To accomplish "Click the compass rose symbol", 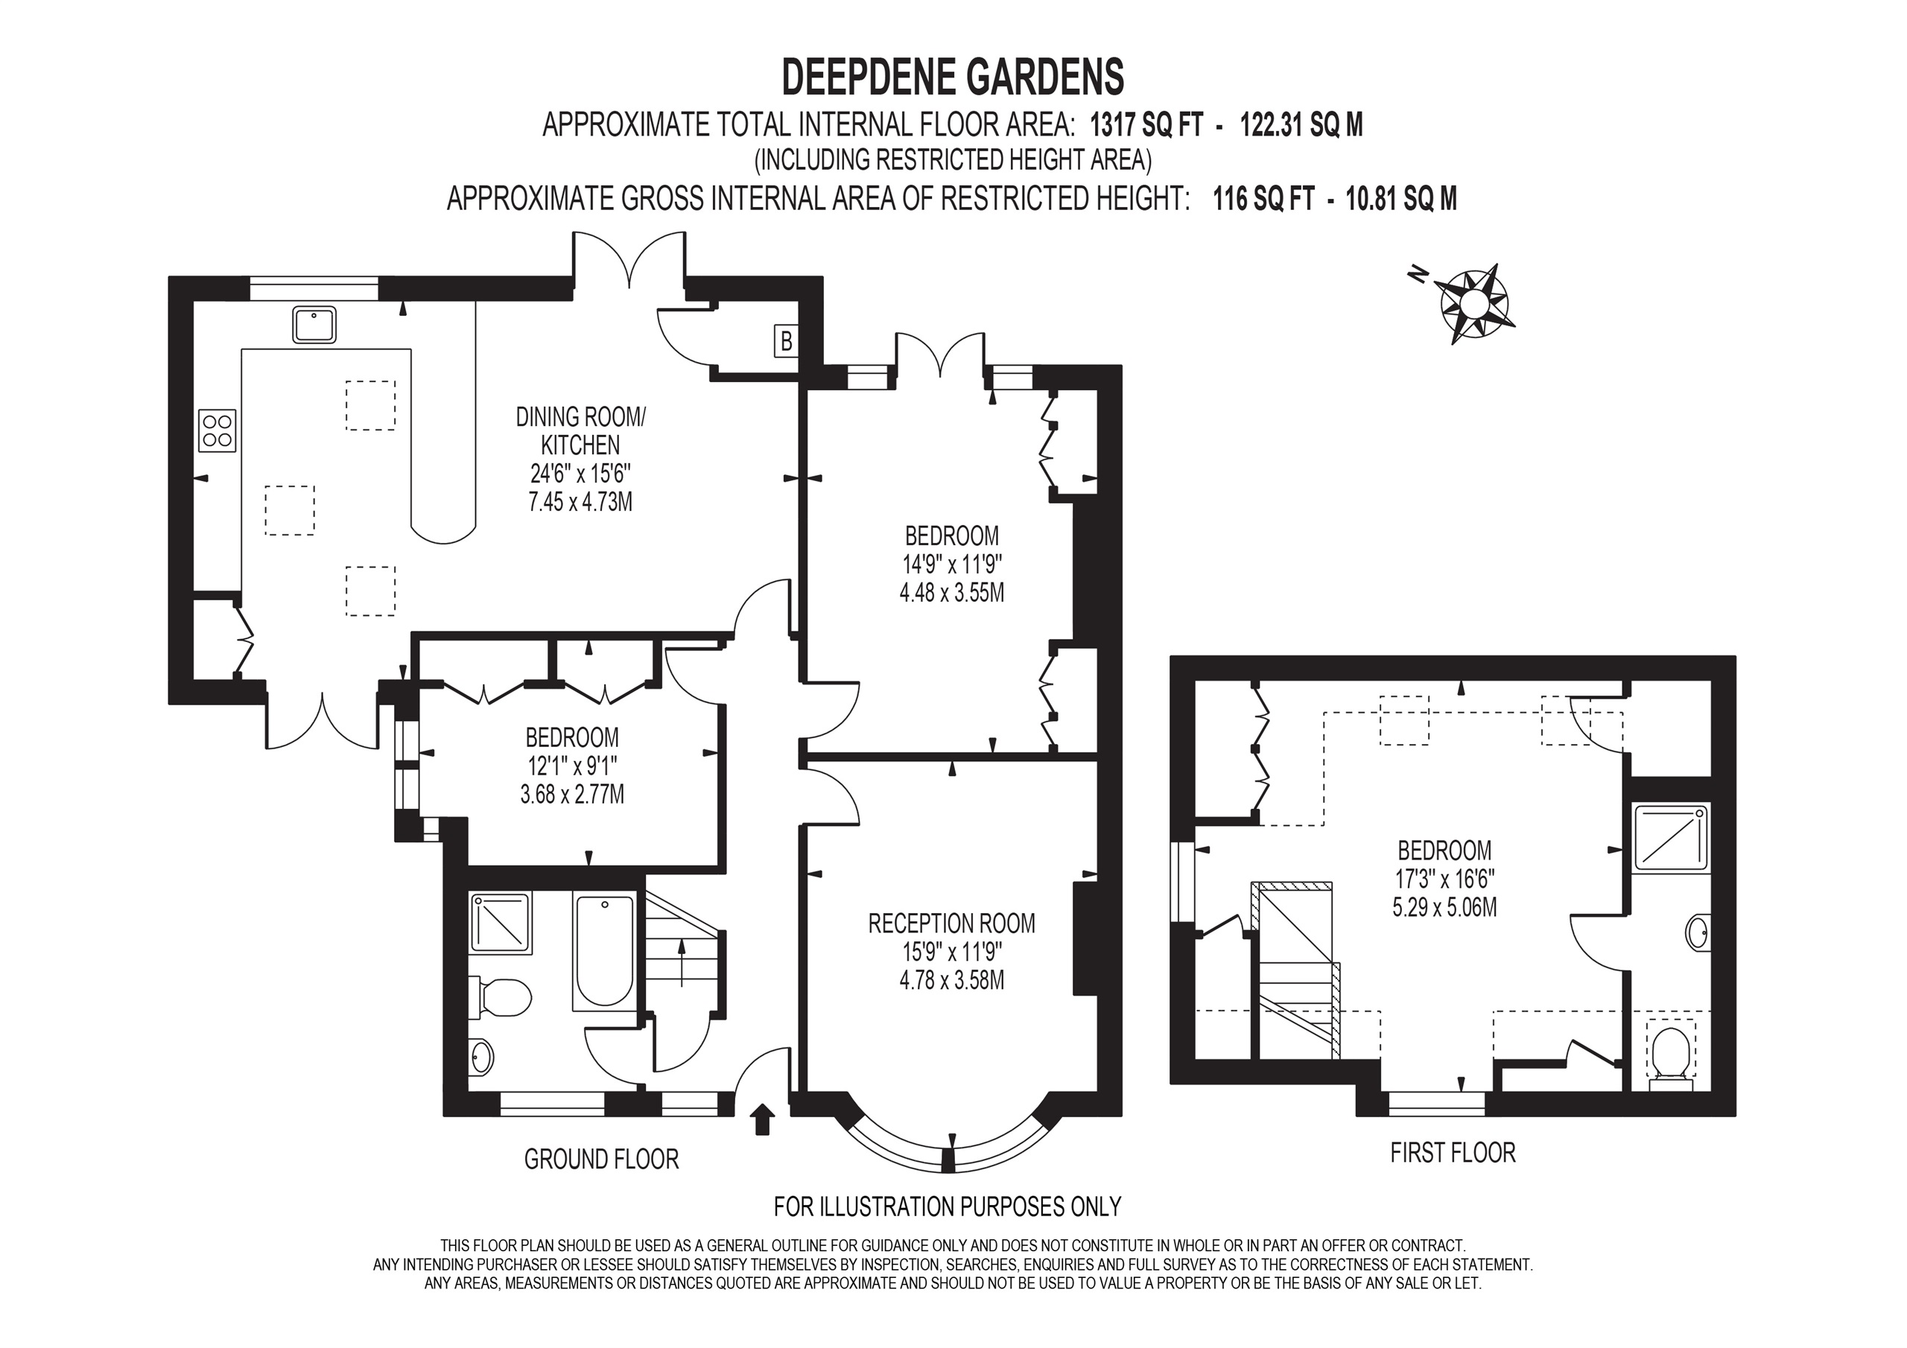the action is coord(1476,304).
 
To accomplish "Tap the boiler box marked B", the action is coord(786,340).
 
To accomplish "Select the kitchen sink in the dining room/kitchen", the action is coord(314,324).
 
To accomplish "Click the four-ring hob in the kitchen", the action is coord(218,430).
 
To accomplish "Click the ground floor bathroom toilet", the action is coord(501,997).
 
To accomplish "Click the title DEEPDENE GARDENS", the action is coord(953,77).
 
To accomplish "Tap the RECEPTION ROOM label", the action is coord(952,923).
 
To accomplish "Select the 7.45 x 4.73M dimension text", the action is coord(580,503).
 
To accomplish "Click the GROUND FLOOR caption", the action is coord(601,1159).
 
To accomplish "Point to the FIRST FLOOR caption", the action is coord(1453,1153).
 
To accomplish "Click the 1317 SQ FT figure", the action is coord(1146,125).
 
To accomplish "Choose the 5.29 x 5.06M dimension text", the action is coord(1444,907).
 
